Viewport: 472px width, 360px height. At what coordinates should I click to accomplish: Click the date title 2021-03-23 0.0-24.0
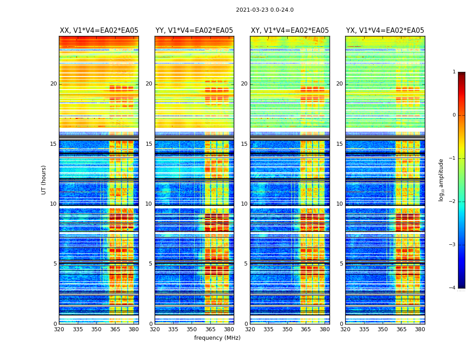pyautogui.click(x=264, y=10)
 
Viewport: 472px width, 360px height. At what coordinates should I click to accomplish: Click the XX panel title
pyautogui.click(x=99, y=31)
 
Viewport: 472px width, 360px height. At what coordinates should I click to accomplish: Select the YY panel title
pyautogui.click(x=194, y=31)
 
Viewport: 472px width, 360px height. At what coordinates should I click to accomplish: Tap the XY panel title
pyautogui.click(x=289, y=31)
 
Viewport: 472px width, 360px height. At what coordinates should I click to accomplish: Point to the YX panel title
pyautogui.click(x=385, y=31)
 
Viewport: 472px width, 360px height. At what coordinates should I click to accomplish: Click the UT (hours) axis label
pyautogui.click(x=44, y=180)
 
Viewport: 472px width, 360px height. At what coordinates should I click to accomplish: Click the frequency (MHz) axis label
pyautogui.click(x=217, y=338)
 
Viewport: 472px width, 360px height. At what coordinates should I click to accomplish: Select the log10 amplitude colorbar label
pyautogui.click(x=441, y=180)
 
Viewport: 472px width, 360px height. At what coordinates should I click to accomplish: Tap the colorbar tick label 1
pyautogui.click(x=454, y=72)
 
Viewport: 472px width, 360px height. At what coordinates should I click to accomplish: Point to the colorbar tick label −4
pyautogui.click(x=453, y=288)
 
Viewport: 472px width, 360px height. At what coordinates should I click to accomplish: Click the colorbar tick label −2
pyautogui.click(x=453, y=201)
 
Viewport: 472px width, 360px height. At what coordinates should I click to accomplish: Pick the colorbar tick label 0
pyautogui.click(x=454, y=115)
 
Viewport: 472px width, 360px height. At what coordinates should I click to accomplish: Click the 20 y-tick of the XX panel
pyautogui.click(x=53, y=84)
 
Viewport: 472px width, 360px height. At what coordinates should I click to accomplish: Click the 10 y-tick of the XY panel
pyautogui.click(x=244, y=204)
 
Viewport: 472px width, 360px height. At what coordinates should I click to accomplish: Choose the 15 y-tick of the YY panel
pyautogui.click(x=149, y=144)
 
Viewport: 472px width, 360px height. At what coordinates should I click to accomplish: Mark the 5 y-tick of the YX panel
pyautogui.click(x=341, y=264)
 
